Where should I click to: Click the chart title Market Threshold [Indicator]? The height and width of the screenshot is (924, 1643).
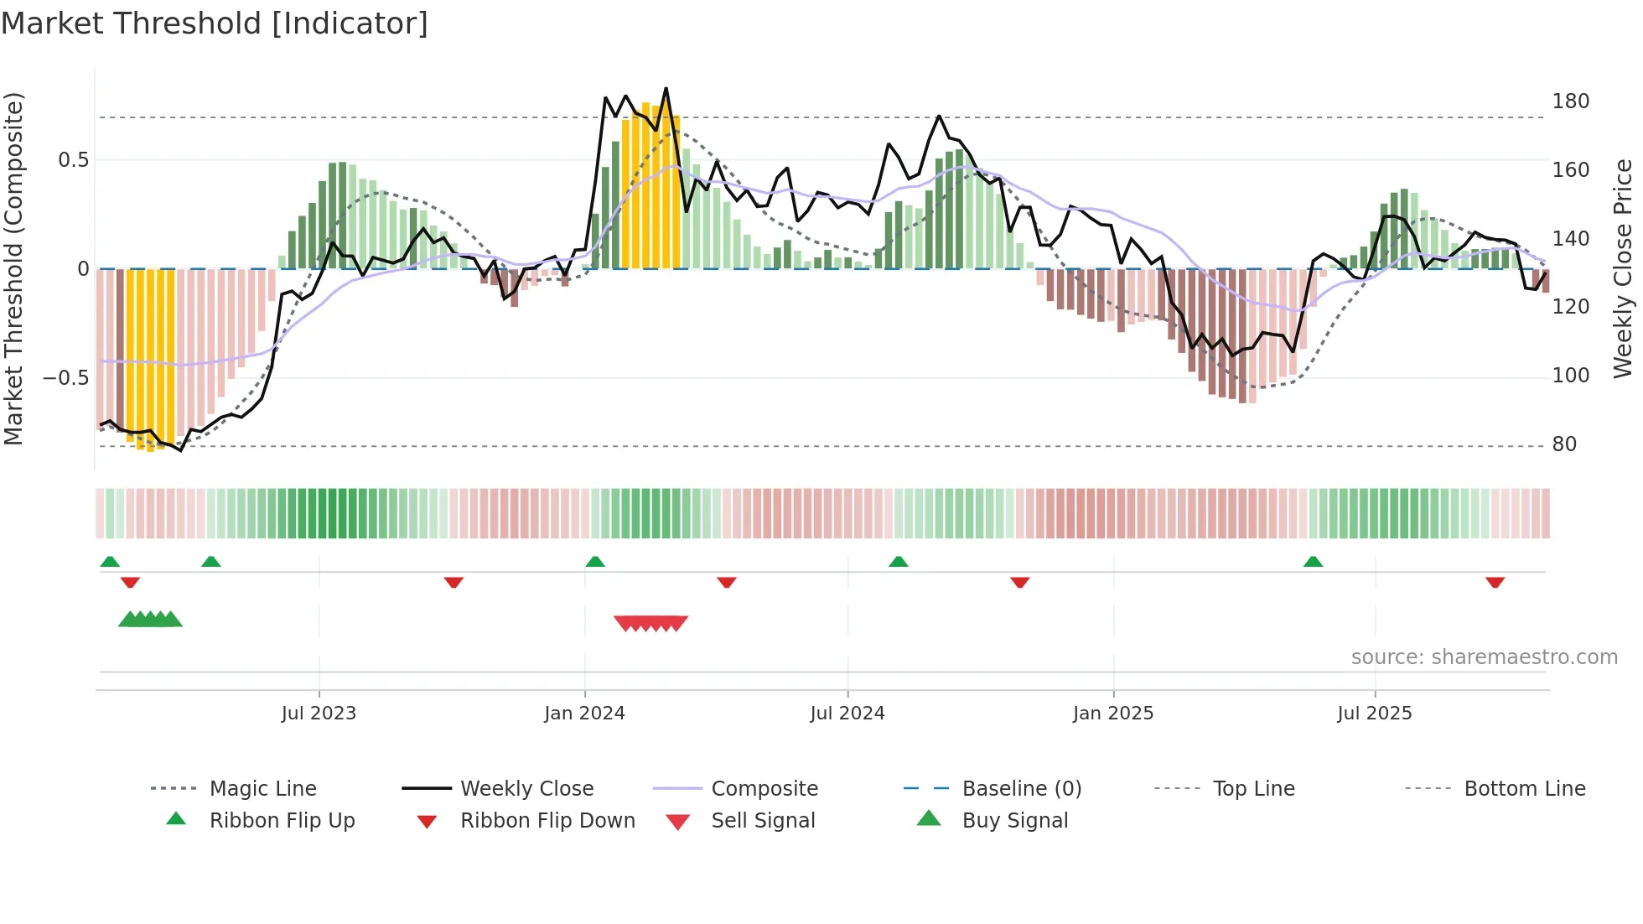coord(215,23)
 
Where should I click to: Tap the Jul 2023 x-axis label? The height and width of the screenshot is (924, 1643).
coord(319,714)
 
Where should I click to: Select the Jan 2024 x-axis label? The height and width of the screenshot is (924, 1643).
coord(584,714)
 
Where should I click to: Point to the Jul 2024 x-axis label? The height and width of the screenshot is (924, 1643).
coord(847,714)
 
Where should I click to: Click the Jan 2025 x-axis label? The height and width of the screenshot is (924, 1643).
coord(1113,714)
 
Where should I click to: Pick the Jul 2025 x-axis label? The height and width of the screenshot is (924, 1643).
coord(1375,714)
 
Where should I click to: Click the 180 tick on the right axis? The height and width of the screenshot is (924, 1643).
coord(1570,101)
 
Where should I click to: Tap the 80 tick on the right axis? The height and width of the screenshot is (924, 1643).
coord(1564,444)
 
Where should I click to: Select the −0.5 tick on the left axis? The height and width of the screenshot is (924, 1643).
coord(65,378)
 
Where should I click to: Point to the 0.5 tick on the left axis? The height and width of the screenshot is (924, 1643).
coord(73,160)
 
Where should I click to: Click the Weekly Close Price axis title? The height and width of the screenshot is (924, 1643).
coord(1623,268)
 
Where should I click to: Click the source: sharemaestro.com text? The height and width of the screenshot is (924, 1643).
coord(1484,657)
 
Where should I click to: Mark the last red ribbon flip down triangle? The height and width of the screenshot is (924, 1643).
coord(1495,582)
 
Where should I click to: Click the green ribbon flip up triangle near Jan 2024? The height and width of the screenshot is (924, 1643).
coord(595,562)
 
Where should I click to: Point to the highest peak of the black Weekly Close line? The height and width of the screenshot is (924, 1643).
coord(666,88)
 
